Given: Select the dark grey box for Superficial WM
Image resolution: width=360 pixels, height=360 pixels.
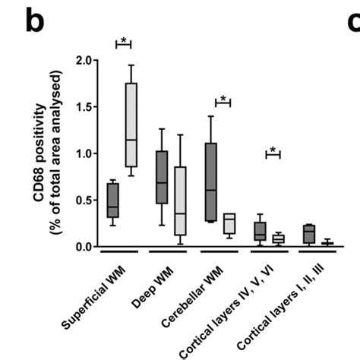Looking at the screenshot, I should click(x=113, y=200).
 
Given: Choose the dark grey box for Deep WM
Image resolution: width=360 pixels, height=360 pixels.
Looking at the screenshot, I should click(x=161, y=177).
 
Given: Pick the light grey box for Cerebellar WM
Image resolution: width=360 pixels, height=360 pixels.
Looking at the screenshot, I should click(x=229, y=223).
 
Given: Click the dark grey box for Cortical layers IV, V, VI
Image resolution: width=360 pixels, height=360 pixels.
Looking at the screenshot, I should click(x=260, y=231).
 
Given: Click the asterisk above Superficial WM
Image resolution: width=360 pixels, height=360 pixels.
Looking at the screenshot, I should click(x=123, y=39).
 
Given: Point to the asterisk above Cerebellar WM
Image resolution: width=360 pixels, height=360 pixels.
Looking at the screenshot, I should click(x=223, y=98).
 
